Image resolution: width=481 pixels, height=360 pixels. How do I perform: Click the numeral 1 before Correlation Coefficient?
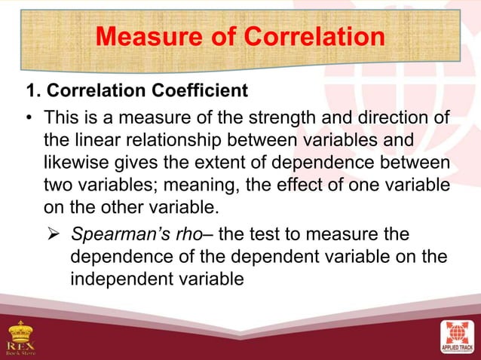31,93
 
